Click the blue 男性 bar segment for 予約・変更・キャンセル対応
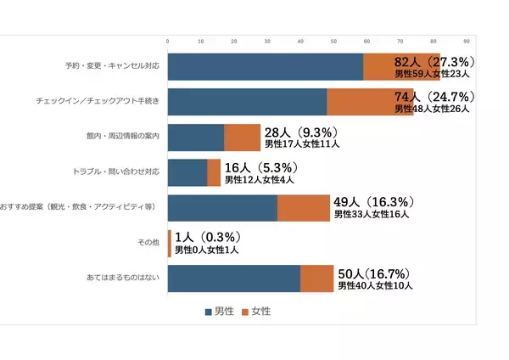coord(266,66)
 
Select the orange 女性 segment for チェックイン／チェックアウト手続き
coord(370,102)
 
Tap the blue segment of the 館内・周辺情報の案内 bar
coord(196,138)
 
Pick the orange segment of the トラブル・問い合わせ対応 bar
coord(214,172)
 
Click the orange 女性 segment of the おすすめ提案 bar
coord(303,208)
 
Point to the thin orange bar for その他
coord(170,243)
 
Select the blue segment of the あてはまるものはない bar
coord(234,278)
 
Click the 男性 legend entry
coord(221,312)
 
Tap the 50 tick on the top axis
coord(333,40)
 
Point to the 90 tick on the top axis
coord(466,40)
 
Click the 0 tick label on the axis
coord(168,40)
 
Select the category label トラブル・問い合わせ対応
coord(117,172)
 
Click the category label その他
coord(148,243)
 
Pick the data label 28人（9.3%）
coord(300,132)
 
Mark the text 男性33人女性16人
coord(371,215)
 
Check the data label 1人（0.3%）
coord(208,237)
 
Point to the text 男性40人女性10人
coord(375,286)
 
